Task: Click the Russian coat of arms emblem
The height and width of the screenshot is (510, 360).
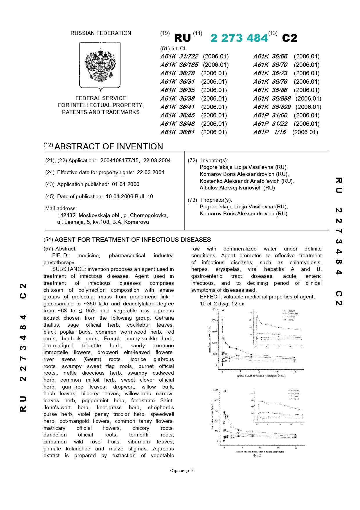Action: (x=100, y=65)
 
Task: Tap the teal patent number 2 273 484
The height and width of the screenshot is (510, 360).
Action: (x=239, y=38)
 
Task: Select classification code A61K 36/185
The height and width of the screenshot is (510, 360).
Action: (x=179, y=65)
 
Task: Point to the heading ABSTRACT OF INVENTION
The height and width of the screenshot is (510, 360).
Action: (x=109, y=146)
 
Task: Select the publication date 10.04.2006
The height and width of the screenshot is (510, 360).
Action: (x=119, y=196)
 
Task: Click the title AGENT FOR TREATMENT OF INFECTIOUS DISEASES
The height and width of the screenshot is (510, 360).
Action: (x=133, y=240)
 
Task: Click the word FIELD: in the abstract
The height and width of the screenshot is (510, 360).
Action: (x=60, y=255)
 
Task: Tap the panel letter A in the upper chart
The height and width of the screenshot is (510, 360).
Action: (x=223, y=310)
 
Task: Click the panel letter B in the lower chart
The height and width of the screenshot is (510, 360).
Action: (x=225, y=391)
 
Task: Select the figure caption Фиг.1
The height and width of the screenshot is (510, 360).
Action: (x=257, y=455)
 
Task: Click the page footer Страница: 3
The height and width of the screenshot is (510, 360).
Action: (x=182, y=470)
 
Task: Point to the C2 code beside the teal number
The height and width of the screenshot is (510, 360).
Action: (x=289, y=38)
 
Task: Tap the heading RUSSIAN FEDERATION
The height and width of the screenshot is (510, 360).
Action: (x=101, y=33)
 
